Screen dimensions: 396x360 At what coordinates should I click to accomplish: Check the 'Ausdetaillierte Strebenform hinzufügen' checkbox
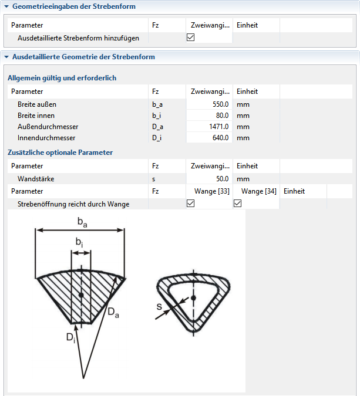[x=190, y=37]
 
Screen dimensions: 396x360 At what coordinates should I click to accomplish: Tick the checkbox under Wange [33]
[x=190, y=204]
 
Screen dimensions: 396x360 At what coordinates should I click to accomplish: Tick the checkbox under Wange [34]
[x=238, y=204]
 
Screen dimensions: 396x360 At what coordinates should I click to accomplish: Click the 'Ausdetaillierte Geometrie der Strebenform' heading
[x=83, y=57]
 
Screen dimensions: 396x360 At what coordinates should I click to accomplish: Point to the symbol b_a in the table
[x=157, y=104]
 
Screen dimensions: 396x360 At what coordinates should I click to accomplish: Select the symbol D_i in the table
[x=156, y=138]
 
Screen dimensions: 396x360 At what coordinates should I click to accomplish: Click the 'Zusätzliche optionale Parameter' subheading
[x=60, y=153]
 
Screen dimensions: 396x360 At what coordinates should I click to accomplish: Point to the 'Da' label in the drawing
[x=113, y=313]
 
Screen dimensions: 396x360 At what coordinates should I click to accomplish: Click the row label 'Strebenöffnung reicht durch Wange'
[x=73, y=204]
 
